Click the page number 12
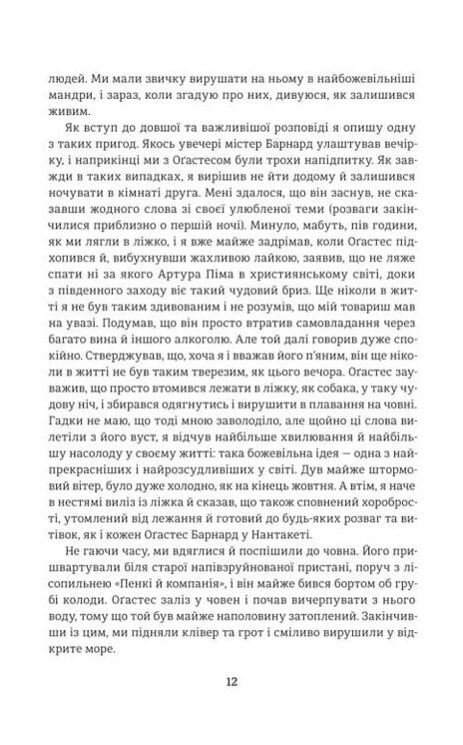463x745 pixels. click(x=231, y=682)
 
